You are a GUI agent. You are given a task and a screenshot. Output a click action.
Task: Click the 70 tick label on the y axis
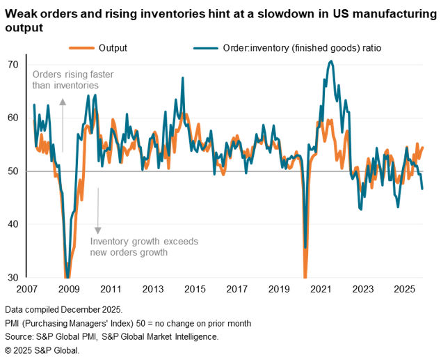click(x=13, y=65)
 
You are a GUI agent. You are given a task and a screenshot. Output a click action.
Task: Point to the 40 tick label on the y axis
click(x=13, y=224)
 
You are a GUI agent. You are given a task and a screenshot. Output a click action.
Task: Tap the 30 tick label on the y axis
click(x=13, y=277)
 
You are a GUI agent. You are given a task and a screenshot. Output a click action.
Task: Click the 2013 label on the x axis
click(x=152, y=289)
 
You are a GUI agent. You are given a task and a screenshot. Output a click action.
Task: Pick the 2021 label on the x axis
click(x=320, y=289)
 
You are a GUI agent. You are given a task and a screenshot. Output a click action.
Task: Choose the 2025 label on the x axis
click(x=403, y=289)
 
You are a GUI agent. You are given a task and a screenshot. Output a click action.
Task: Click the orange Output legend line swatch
click(x=81, y=48)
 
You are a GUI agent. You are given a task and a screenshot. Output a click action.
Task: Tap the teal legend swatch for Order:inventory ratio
click(x=203, y=48)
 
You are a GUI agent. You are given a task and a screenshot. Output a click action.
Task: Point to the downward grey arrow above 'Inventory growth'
click(x=97, y=211)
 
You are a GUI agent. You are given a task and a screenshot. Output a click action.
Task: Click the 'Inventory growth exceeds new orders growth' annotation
click(x=144, y=246)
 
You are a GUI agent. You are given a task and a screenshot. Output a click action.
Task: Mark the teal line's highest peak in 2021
click(x=330, y=61)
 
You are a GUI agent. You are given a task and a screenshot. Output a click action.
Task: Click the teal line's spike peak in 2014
click(x=183, y=78)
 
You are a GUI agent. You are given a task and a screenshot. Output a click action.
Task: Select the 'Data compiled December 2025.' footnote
click(x=63, y=308)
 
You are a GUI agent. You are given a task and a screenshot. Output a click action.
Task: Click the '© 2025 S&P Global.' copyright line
click(x=42, y=350)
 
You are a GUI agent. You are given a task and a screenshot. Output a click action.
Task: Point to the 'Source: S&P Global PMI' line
click(x=112, y=336)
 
